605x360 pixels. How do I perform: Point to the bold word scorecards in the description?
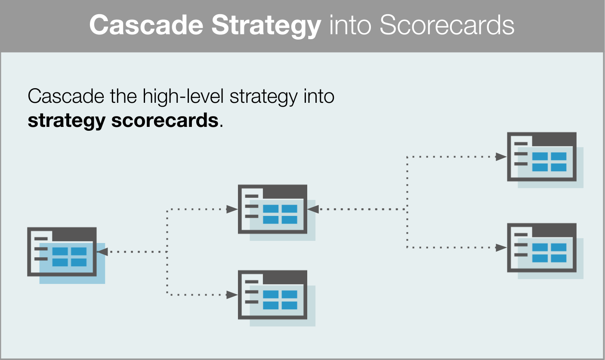coord(165,120)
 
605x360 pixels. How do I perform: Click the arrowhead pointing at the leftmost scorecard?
coord(102,252)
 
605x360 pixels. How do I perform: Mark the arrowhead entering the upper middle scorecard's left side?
coord(232,209)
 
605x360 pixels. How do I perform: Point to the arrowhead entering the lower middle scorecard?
coord(232,295)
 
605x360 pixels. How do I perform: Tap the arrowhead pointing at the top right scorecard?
coord(501,157)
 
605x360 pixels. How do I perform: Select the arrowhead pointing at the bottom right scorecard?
coord(501,248)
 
